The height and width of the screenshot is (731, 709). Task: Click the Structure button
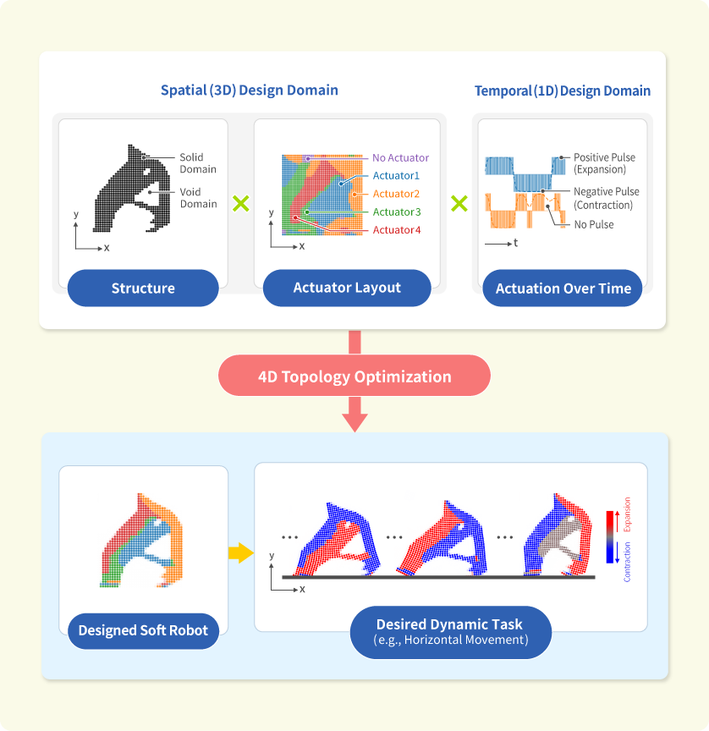point(143,289)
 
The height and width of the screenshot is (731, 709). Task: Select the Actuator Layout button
point(347,288)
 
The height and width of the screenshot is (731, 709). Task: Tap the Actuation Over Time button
point(563,289)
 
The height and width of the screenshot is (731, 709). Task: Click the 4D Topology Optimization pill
point(354,376)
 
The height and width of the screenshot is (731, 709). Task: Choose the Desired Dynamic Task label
point(450,631)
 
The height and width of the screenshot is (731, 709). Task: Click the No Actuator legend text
point(400,158)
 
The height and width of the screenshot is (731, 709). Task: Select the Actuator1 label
point(396,176)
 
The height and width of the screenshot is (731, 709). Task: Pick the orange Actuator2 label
point(396,194)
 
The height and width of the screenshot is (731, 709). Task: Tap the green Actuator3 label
point(396,212)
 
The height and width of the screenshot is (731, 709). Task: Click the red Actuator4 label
point(396,230)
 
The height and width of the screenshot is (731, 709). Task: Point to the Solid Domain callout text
point(197,163)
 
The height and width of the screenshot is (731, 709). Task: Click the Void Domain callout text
point(197,198)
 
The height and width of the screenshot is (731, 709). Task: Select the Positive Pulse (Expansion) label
point(604,163)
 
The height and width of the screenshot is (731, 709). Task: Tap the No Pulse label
point(593,225)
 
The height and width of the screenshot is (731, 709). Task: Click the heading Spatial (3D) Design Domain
point(250,91)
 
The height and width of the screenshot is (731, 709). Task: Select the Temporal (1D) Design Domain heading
point(563,91)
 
